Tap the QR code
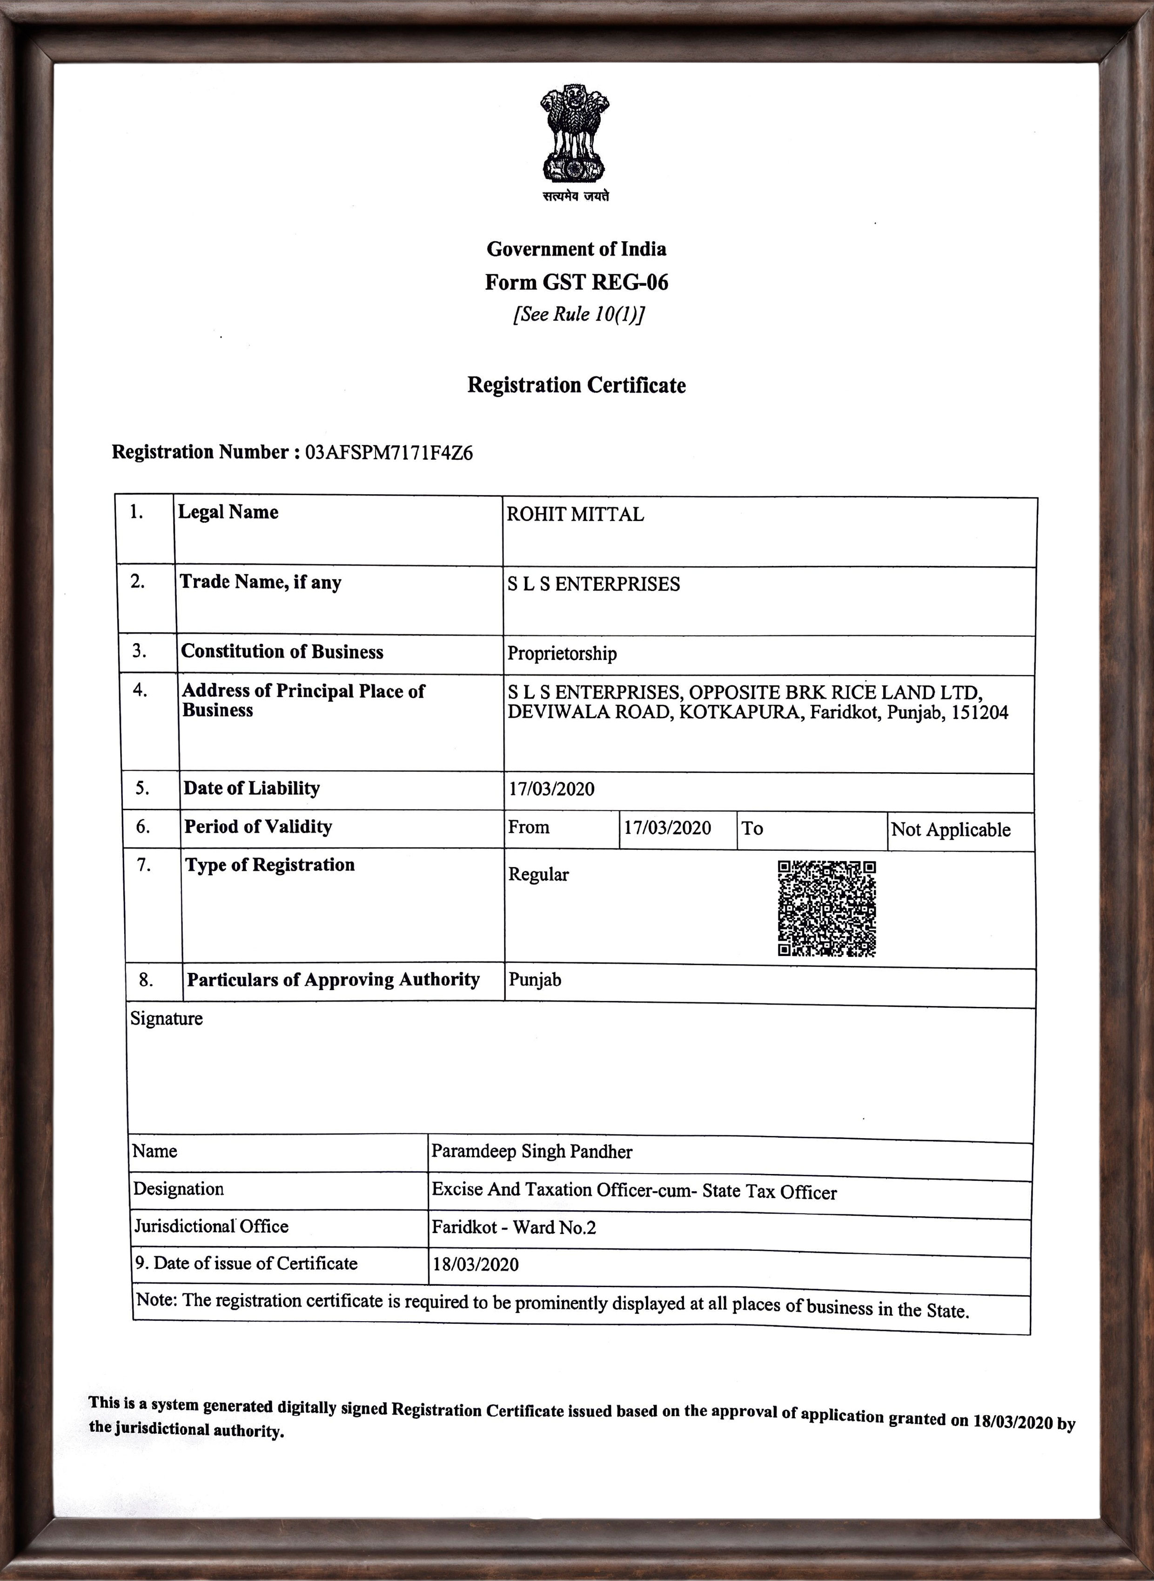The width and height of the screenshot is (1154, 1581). point(826,908)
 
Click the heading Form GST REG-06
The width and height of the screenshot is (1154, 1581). point(576,282)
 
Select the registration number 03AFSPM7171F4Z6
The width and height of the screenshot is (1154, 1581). point(389,453)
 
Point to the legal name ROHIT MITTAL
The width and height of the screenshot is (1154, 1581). point(575,515)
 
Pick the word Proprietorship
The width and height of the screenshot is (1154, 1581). point(562,653)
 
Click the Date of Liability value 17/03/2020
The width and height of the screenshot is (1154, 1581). point(551,789)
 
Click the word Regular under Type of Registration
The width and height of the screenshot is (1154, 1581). point(538,875)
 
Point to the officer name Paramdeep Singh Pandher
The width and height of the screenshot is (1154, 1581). point(531,1151)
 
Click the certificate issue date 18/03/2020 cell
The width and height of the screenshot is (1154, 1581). point(475,1264)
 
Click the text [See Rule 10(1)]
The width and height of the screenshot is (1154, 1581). point(578,314)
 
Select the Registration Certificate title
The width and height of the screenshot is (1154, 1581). point(576,385)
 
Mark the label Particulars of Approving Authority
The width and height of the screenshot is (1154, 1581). point(333,979)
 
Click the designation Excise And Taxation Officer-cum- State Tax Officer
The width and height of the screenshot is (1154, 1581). point(634,1190)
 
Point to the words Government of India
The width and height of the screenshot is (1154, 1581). point(576,249)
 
